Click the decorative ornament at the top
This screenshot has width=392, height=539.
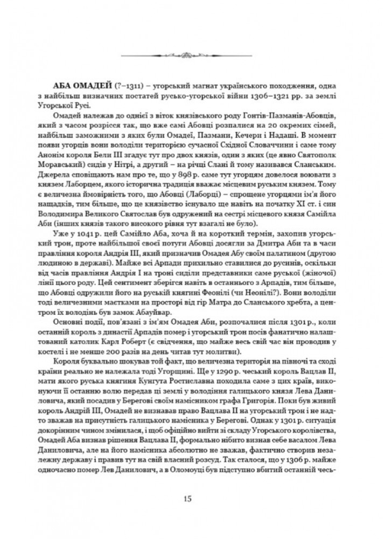tap(195, 53)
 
